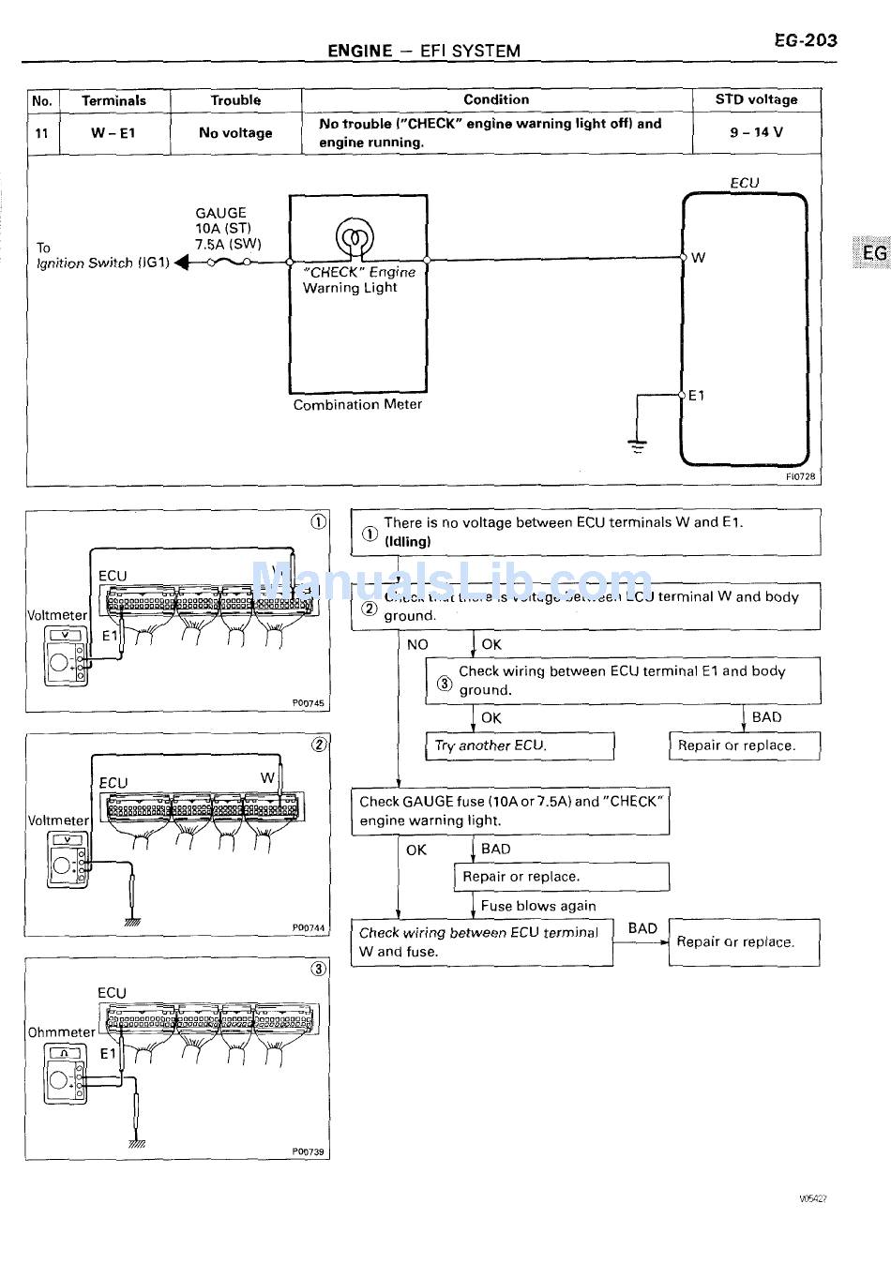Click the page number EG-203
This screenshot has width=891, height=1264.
pyautogui.click(x=805, y=40)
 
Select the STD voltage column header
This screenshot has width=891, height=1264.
pyautogui.click(x=756, y=99)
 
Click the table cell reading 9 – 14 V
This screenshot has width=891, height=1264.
pyautogui.click(x=756, y=132)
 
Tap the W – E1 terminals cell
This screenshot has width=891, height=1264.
pyautogui.click(x=113, y=133)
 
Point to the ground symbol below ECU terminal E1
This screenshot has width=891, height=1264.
pyautogui.click(x=638, y=445)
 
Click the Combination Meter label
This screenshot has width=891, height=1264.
pyautogui.click(x=357, y=405)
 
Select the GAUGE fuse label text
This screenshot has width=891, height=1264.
pyautogui.click(x=221, y=213)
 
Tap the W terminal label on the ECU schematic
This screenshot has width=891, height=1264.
pyautogui.click(x=699, y=258)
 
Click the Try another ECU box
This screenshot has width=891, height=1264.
pyautogui.click(x=520, y=746)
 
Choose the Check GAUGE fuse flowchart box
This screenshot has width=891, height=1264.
pyautogui.click(x=510, y=811)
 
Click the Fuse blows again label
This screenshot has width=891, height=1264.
pyautogui.click(x=538, y=906)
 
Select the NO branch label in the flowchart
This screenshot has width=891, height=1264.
pyautogui.click(x=417, y=644)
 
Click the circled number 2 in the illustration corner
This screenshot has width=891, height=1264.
pyautogui.click(x=319, y=745)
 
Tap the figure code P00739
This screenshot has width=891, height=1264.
pyautogui.click(x=308, y=1151)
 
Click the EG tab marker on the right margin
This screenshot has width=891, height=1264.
pyautogui.click(x=873, y=252)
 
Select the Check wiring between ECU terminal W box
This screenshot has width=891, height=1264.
pyautogui.click(x=481, y=942)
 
